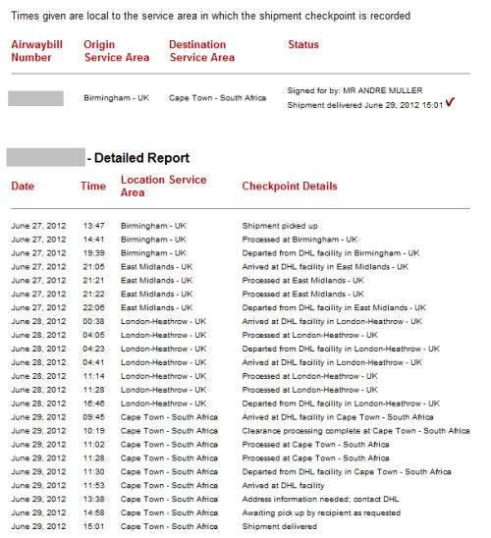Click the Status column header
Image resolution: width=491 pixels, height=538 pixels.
(306, 45)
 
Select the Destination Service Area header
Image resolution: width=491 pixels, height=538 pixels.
(201, 51)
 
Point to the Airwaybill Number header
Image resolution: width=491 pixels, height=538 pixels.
(34, 51)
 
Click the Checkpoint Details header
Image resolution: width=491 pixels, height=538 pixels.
(290, 187)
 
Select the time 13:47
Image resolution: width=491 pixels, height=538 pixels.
(92, 225)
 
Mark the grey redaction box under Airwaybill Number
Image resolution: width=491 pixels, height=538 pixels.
(36, 98)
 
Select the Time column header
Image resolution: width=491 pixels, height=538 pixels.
(93, 187)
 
